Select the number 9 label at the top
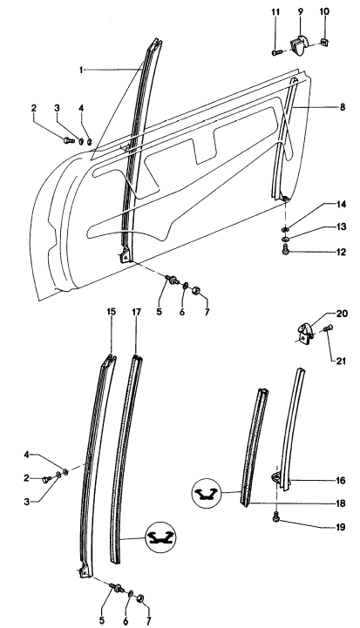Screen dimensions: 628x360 click(300, 10)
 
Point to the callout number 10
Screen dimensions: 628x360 click(326, 10)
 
